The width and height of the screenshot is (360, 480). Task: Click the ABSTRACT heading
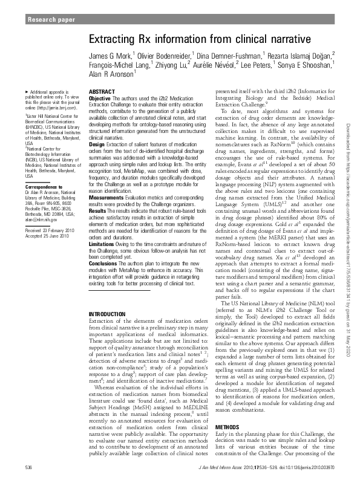[x=102, y=91]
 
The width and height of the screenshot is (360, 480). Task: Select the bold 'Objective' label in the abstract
[x=100, y=98]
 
